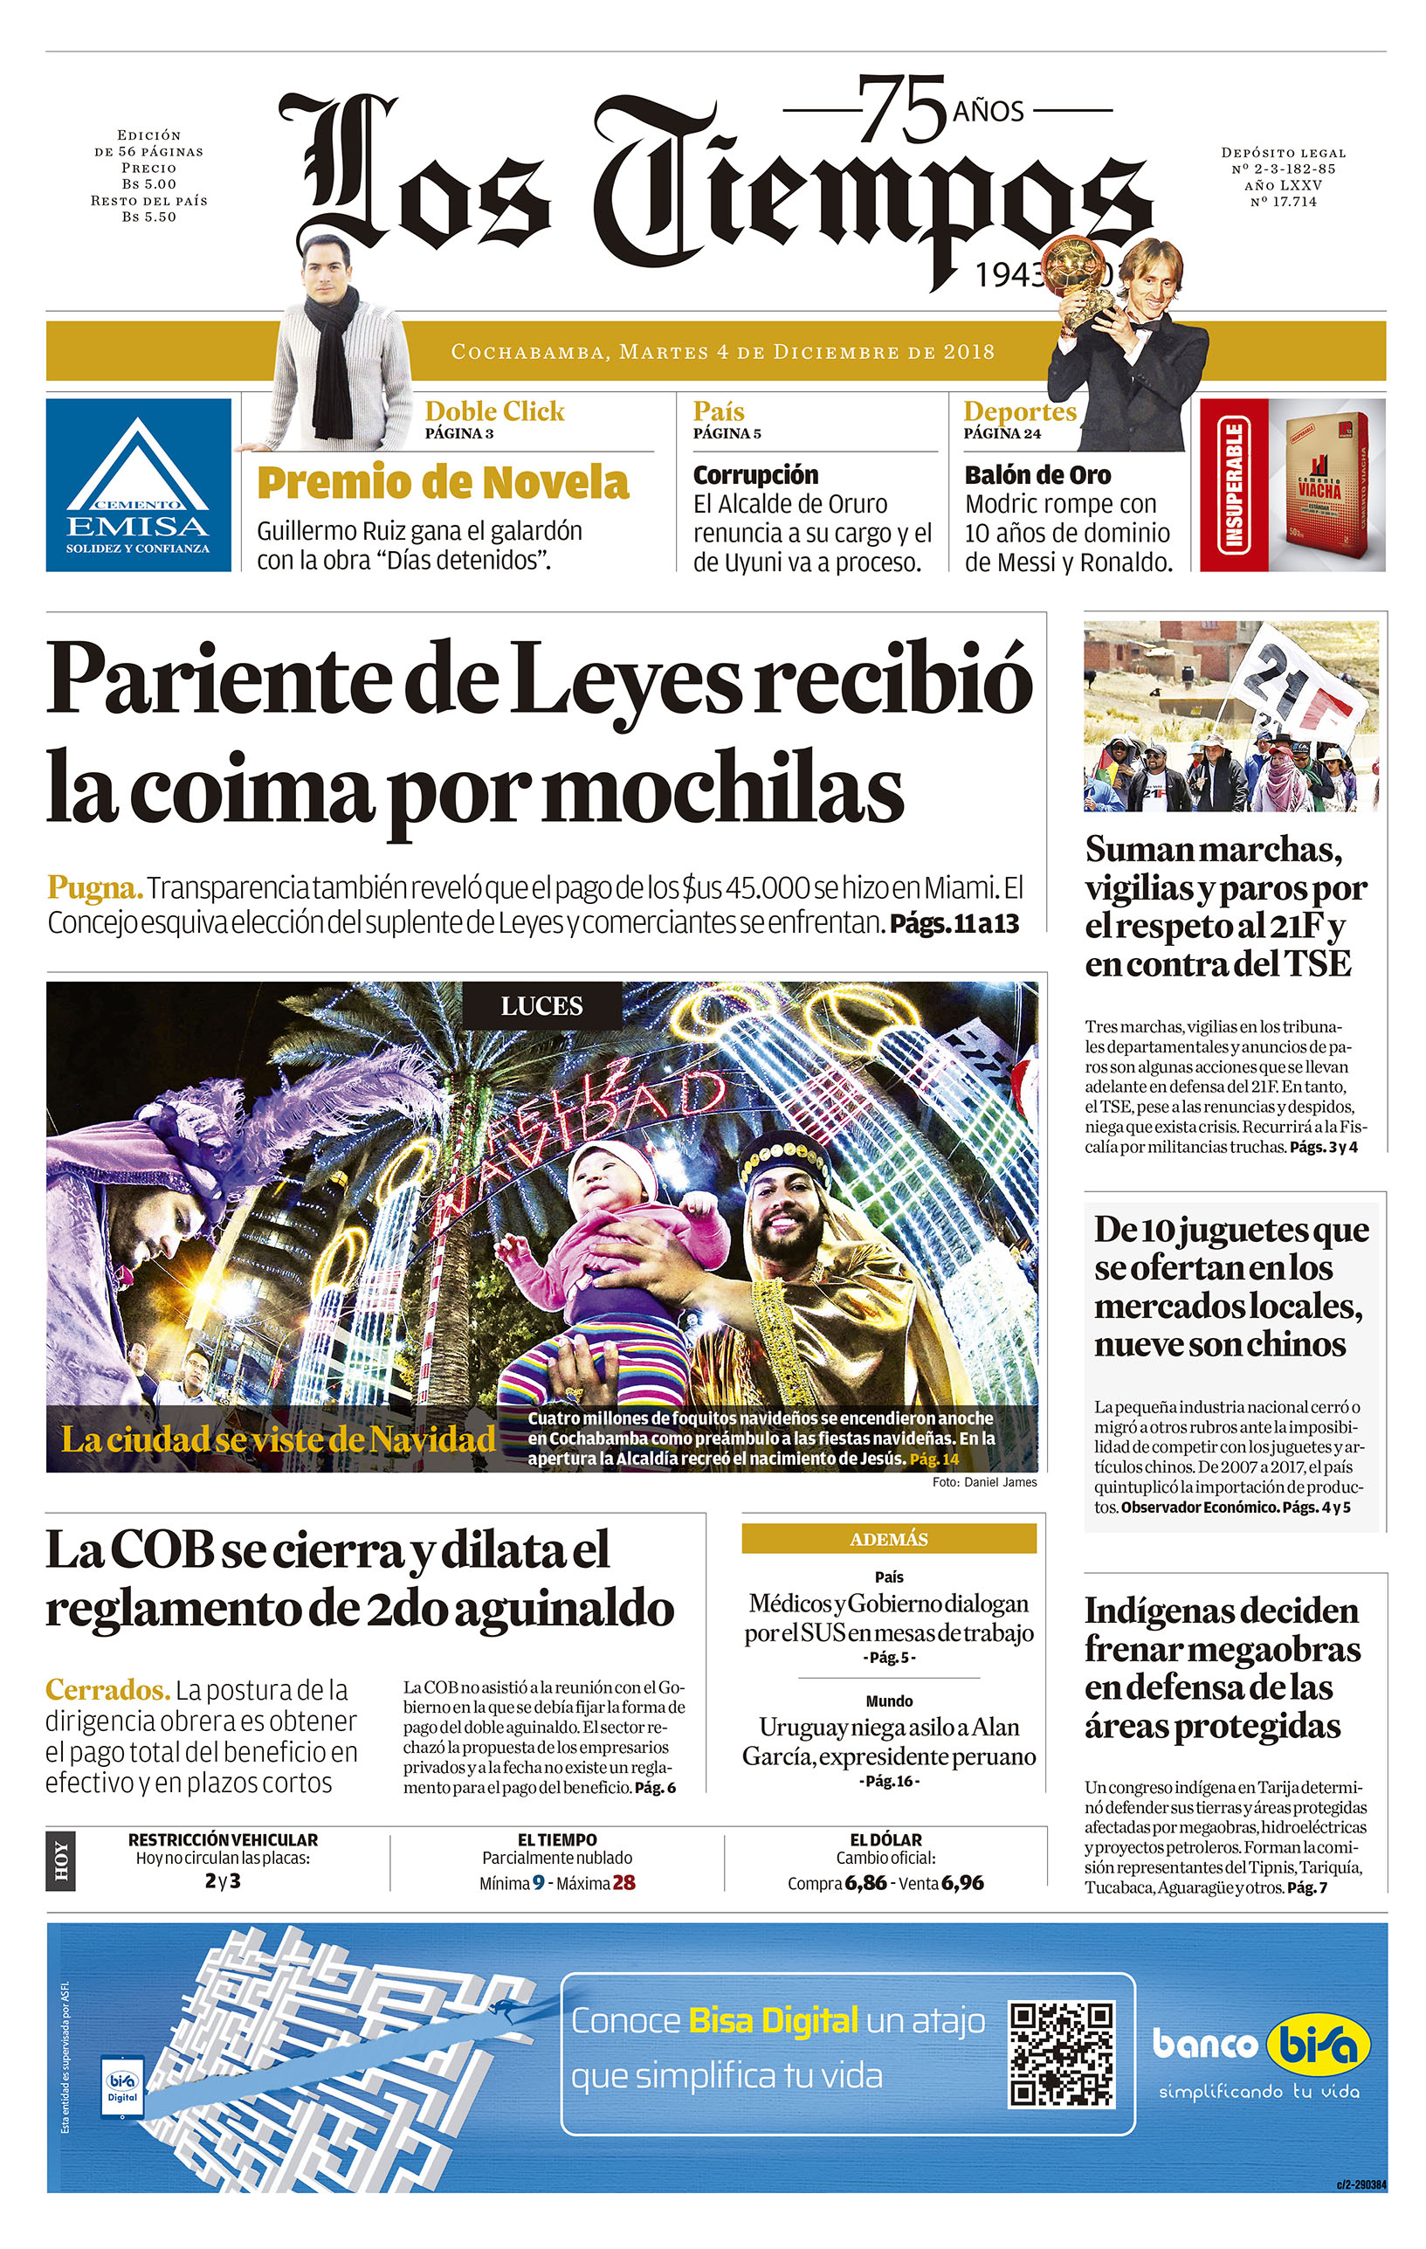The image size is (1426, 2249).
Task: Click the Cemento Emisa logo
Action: point(138,485)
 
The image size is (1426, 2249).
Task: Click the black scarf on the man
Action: point(333,364)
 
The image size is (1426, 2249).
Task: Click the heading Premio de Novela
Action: point(443,483)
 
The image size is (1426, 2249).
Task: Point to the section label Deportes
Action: point(1019,411)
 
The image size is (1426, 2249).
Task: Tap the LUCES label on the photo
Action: point(541,1006)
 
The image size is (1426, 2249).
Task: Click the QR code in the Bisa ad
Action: point(1062,2054)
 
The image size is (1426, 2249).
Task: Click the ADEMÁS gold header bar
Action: point(888,1539)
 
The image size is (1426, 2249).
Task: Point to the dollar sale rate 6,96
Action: point(963,1883)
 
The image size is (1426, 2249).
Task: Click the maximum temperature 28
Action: point(623,1883)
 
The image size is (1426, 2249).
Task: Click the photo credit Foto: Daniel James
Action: point(983,1482)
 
